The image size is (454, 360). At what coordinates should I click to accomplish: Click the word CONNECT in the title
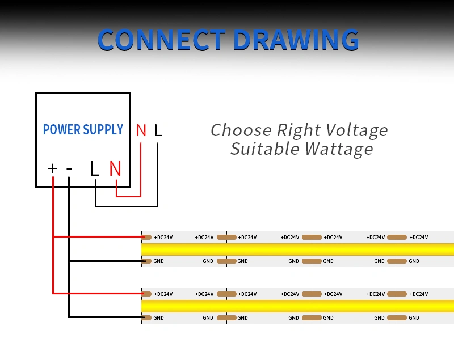[x=161, y=40]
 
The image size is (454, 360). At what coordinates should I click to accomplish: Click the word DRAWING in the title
[x=296, y=40]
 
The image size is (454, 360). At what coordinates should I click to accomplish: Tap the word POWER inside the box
[x=61, y=129]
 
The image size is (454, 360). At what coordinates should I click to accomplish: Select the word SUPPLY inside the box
[x=103, y=129]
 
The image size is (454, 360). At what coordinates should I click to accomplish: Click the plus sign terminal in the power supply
[x=52, y=168]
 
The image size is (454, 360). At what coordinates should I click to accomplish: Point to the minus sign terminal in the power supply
[x=69, y=168]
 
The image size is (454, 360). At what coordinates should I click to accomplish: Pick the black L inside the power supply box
[x=94, y=168]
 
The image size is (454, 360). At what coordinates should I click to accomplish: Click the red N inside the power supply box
[x=115, y=168]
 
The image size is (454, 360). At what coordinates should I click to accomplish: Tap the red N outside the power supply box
[x=141, y=130]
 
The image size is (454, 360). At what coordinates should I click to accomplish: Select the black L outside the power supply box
[x=158, y=130]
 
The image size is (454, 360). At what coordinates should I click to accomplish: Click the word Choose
[x=241, y=130]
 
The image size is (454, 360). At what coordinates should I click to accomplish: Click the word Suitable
[x=264, y=149]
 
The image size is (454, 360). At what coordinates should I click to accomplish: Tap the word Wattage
[x=339, y=150]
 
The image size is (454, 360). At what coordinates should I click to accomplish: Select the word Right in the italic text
[x=299, y=130]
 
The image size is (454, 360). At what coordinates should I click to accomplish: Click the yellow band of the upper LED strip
[x=297, y=249]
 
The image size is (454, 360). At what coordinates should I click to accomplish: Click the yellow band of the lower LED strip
[x=297, y=306]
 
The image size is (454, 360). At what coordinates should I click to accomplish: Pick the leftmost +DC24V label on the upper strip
[x=163, y=238]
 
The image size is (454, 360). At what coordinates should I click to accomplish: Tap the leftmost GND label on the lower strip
[x=158, y=318]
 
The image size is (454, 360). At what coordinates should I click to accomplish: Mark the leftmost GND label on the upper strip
[x=158, y=261]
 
